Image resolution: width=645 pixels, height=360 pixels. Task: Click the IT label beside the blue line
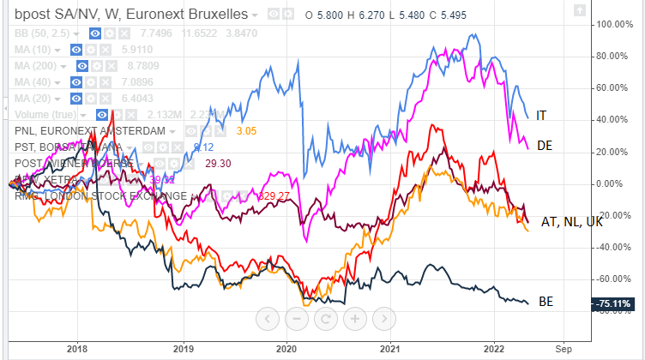pos(541,115)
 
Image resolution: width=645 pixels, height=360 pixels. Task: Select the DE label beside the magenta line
pos(544,146)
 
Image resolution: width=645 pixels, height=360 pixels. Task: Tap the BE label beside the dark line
pos(546,302)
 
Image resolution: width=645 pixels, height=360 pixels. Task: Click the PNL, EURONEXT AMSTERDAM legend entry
pos(90,131)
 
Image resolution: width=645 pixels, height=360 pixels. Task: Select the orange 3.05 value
pos(246,131)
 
